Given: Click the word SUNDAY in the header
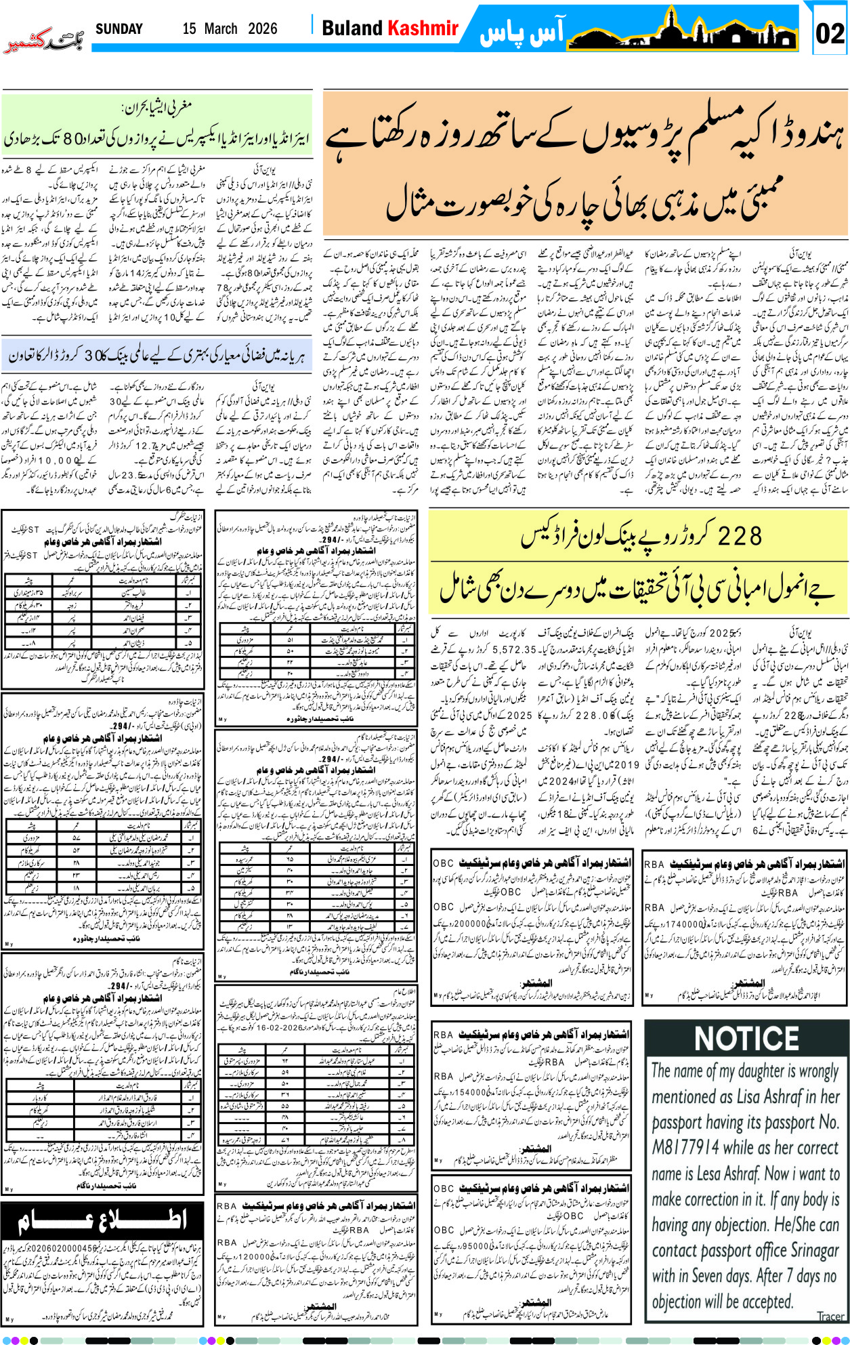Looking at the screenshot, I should click(x=119, y=29).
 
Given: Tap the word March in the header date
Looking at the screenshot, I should click(x=221, y=29).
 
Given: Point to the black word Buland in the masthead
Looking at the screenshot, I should click(x=352, y=28).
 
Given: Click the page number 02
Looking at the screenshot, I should click(x=830, y=33).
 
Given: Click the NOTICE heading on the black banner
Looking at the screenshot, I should click(x=746, y=1038).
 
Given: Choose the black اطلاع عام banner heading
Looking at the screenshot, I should click(x=102, y=1220).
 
